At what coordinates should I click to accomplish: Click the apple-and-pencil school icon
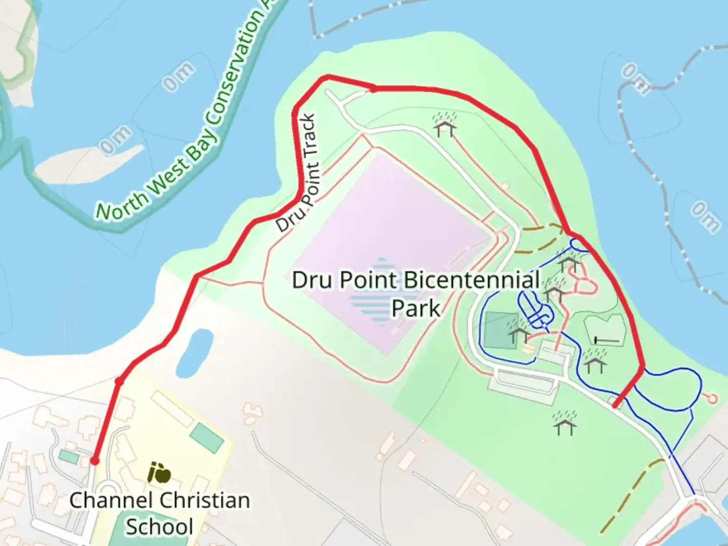159,473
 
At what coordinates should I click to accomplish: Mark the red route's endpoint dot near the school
95,461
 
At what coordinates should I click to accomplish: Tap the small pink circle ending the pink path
712,399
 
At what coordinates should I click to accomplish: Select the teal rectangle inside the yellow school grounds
207,437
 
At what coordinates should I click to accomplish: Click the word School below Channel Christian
159,527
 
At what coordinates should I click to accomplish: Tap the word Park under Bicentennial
416,308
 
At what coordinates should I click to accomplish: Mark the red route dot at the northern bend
373,89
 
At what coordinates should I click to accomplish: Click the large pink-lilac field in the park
389,243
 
